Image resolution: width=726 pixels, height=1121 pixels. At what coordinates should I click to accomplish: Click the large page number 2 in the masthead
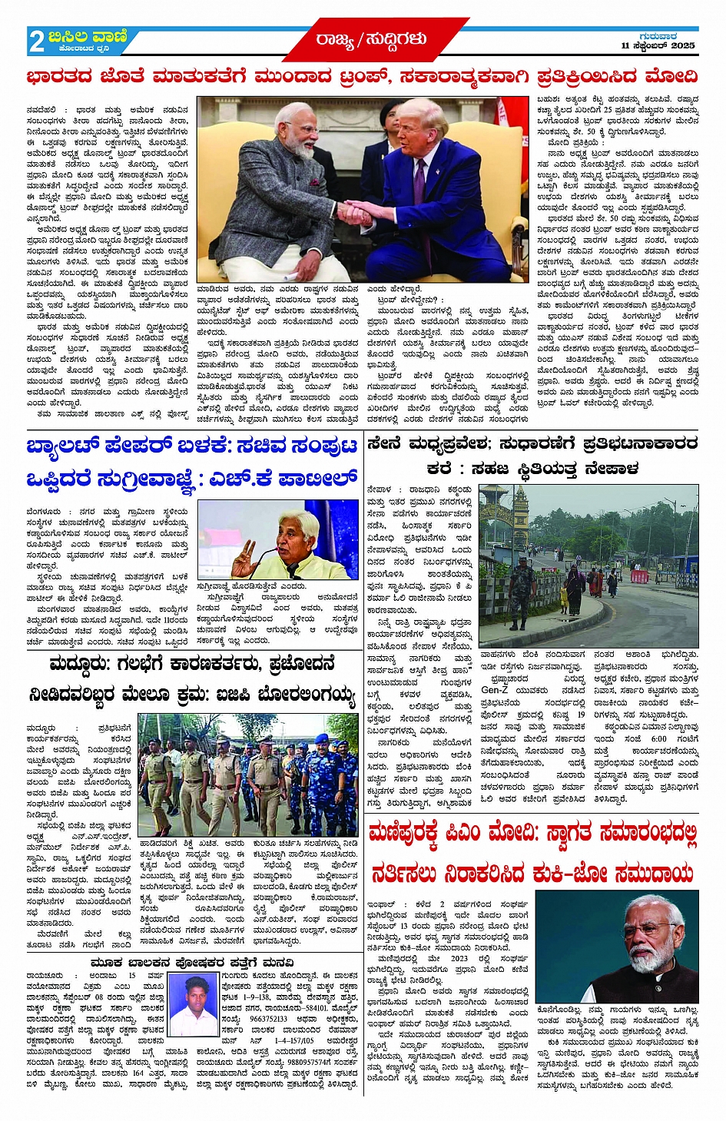coord(36,41)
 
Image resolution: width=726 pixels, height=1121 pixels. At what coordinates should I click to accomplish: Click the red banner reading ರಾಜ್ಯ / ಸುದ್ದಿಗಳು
coord(370,39)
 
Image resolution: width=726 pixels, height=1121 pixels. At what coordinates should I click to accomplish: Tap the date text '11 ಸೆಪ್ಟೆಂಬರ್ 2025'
coord(658,46)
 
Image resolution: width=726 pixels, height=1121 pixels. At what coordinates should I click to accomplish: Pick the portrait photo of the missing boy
coord(193,1004)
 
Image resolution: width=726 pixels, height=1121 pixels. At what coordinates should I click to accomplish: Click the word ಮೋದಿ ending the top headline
coord(671,77)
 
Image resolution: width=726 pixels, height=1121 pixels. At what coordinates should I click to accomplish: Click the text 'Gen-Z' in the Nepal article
coord(495,689)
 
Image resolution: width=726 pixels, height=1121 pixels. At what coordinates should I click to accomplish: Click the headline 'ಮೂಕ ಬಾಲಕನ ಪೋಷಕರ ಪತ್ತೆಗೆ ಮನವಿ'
coord(191,962)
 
